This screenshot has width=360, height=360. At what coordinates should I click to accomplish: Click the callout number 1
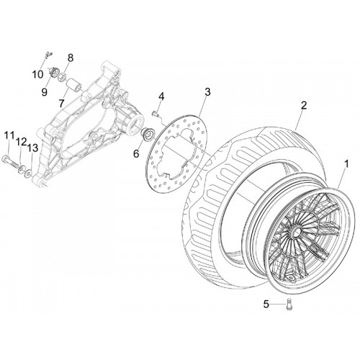(x=346, y=165)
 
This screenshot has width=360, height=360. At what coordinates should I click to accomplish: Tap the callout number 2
(x=304, y=105)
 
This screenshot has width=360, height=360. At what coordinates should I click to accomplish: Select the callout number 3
(x=207, y=92)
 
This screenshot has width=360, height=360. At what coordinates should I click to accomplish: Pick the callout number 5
(x=266, y=305)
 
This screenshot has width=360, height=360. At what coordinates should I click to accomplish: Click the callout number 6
(x=136, y=153)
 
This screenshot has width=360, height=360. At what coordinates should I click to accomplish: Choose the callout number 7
(x=61, y=104)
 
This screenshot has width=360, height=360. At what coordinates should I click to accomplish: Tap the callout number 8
(x=71, y=58)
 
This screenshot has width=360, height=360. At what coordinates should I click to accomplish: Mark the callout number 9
(x=45, y=92)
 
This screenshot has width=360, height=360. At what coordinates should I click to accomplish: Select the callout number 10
(x=37, y=74)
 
